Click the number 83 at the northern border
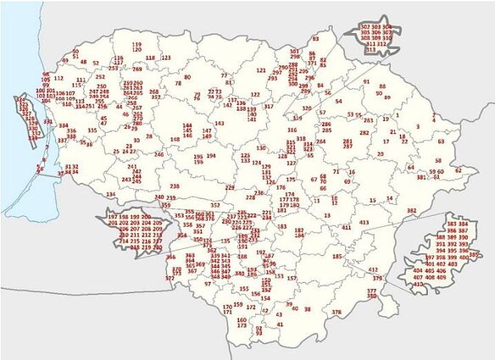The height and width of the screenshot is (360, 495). [x=315, y=39]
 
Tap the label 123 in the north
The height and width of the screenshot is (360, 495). [x=166, y=58]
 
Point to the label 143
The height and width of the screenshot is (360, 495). [x=220, y=124]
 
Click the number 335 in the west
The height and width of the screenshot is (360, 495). [x=92, y=130]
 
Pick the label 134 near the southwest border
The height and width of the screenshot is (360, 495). [x=110, y=194]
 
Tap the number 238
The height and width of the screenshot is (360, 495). [x=174, y=186]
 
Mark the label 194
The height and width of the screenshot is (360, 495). [x=211, y=156]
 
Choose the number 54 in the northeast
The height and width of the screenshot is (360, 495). [x=339, y=102]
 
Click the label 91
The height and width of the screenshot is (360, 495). [x=367, y=82]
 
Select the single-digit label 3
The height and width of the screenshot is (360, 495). [x=418, y=127]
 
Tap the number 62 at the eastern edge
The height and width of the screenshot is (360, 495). [x=459, y=170]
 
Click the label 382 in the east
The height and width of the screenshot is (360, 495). [x=412, y=210]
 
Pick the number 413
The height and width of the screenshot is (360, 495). [x=364, y=222]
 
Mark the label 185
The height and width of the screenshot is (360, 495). [x=337, y=256]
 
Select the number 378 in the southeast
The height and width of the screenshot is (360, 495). [x=336, y=312]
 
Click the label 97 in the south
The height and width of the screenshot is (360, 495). [x=208, y=284]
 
